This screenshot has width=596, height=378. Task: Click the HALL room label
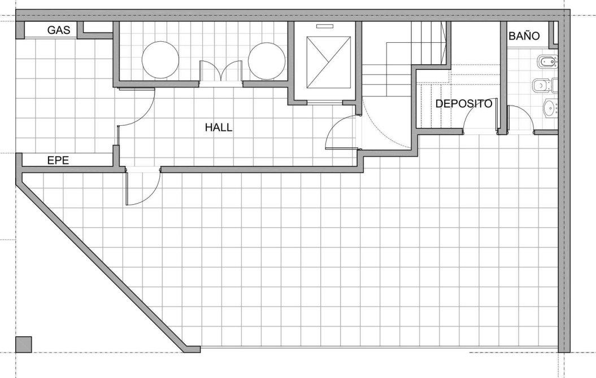(x=219, y=127)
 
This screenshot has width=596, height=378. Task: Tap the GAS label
(x=59, y=30)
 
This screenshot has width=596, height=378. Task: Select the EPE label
(x=58, y=160)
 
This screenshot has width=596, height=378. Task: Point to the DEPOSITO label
(x=464, y=104)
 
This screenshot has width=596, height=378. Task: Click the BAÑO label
(x=524, y=36)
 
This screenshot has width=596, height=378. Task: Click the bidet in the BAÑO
(x=547, y=61)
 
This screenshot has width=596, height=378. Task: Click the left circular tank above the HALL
(x=160, y=60)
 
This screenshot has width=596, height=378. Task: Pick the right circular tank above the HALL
(x=267, y=61)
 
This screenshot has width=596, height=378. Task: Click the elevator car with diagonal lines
(x=328, y=63)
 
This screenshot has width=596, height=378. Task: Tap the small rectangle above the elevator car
(x=325, y=26)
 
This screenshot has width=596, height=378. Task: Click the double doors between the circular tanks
(x=221, y=71)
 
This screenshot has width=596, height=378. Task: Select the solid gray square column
(x=23, y=344)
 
